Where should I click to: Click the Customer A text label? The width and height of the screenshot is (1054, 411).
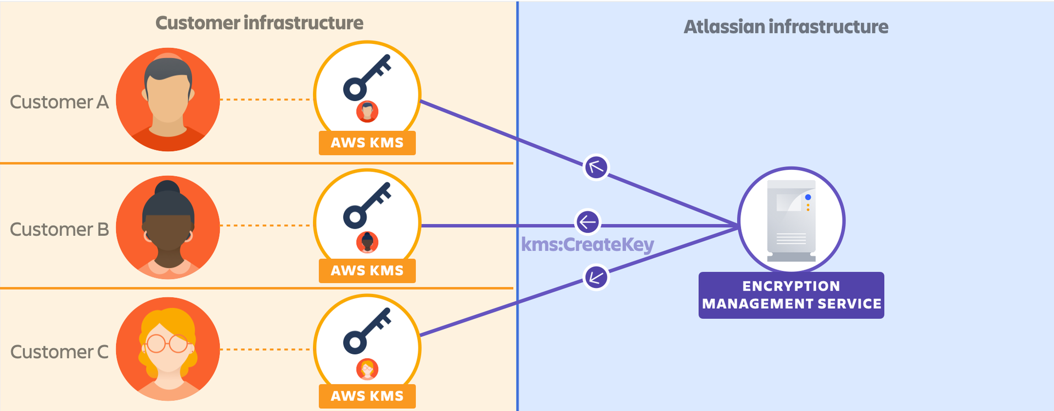pos(59,102)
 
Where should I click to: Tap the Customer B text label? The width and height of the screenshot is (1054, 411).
pos(59,229)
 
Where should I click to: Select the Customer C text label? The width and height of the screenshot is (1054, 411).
pos(59,352)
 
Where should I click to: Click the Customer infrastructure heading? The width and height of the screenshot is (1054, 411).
pos(259,23)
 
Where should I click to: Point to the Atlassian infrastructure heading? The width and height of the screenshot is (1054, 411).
pos(786,27)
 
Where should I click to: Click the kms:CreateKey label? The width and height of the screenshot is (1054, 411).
pos(587,245)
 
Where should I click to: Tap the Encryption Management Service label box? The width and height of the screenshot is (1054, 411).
pos(791,295)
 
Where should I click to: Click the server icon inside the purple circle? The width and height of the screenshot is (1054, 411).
pos(791,220)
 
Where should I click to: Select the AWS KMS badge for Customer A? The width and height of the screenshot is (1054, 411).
pos(367,143)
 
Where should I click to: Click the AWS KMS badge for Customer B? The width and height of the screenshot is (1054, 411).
pos(367,271)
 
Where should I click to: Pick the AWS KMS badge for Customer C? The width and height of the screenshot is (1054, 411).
pos(367,396)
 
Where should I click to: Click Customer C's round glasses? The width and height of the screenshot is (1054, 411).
pos(167,343)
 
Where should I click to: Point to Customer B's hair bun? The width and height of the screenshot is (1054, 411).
pos(168,188)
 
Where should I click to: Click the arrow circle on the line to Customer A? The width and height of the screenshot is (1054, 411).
pos(596,167)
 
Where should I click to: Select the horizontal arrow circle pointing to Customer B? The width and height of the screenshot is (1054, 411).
pos(587,223)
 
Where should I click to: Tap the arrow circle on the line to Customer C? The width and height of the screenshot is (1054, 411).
pos(596,277)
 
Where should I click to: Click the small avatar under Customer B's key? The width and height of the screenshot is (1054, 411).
pos(367,242)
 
